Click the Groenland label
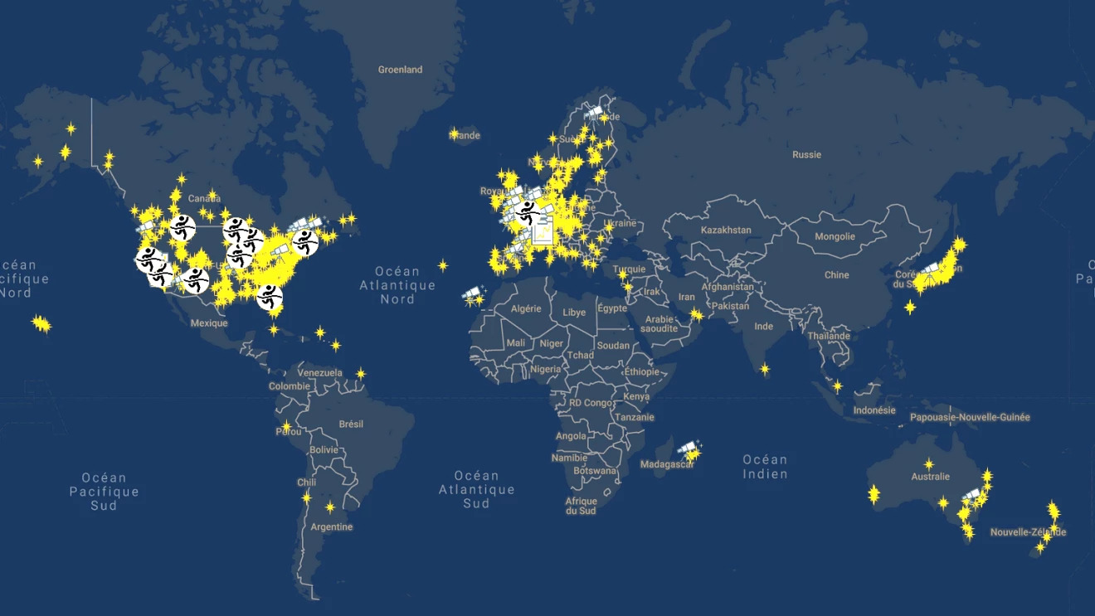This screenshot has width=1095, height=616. click(x=400, y=70)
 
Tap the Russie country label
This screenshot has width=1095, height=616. click(x=806, y=154)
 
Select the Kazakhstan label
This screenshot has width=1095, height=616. click(x=726, y=230)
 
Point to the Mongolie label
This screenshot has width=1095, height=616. click(x=835, y=236)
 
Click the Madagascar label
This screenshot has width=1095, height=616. click(x=667, y=464)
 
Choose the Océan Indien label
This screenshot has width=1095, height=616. click(x=765, y=467)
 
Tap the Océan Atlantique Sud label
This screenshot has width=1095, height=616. click(x=476, y=489)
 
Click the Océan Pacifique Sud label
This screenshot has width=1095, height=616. click(x=104, y=491)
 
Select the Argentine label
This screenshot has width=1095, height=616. click(x=331, y=526)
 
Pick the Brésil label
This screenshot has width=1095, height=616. click(x=351, y=424)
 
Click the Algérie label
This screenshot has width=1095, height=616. click(x=525, y=308)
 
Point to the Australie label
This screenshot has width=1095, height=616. click(x=930, y=477)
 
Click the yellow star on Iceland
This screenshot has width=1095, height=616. click(x=454, y=133)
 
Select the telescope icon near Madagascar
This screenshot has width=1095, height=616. click(x=688, y=449)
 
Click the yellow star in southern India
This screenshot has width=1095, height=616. click(x=764, y=369)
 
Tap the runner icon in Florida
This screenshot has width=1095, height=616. click(x=269, y=296)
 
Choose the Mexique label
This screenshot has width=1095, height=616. click(x=208, y=323)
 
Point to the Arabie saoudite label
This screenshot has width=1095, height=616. click(x=660, y=323)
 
